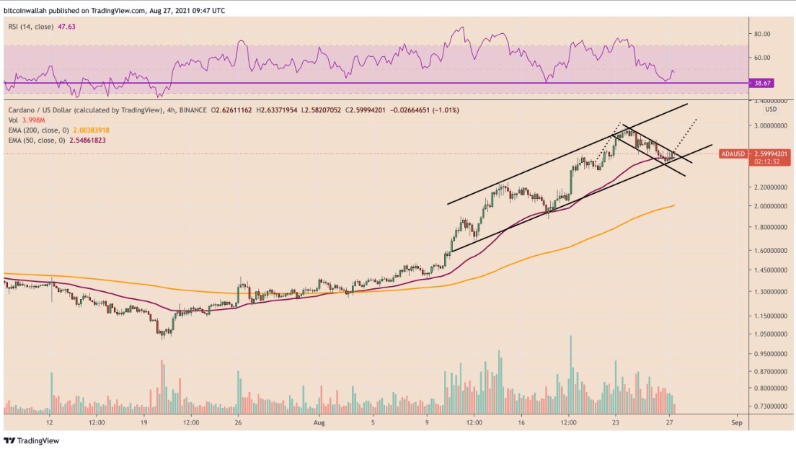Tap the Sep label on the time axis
pyautogui.click(x=736, y=423)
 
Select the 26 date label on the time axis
pyautogui.click(x=237, y=423)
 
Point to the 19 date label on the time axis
pyautogui.click(x=144, y=423)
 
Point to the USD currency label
pyautogui.click(x=771, y=110)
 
